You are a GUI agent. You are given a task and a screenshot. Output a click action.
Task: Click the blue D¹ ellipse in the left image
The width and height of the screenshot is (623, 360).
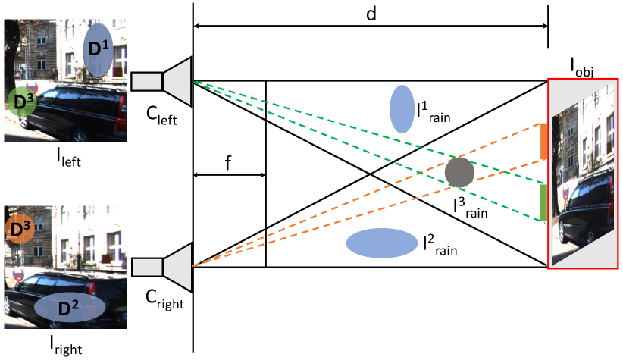pos(98,49)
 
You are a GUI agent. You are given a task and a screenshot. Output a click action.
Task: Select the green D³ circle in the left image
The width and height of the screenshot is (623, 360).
pos(20,100)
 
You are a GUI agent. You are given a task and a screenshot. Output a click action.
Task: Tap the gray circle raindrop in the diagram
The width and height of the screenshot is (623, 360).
pos(459,173)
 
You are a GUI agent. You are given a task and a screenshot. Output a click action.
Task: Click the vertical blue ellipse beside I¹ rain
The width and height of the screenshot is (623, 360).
pos(400,109)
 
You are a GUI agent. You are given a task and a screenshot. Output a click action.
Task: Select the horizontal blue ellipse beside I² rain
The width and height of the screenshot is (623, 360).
pos(377,243)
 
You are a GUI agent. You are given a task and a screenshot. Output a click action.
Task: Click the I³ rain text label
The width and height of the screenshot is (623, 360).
pos(470,207)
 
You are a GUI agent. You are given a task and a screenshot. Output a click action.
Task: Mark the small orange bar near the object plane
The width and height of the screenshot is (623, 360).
pos(544,142)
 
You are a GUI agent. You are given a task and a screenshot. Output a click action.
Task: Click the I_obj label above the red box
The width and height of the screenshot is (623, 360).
pos(582,70)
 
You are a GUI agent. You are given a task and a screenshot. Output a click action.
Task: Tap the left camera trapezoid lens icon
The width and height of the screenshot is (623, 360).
pos(177,81)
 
